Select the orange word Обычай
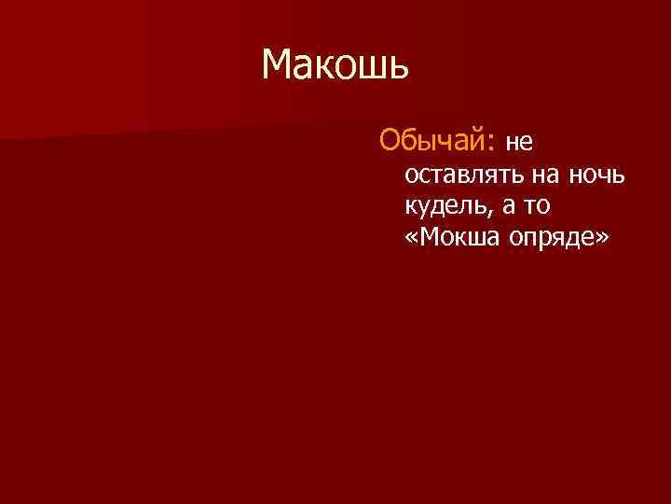point(431,141)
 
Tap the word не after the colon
point(518,143)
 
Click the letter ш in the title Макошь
point(371,67)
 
